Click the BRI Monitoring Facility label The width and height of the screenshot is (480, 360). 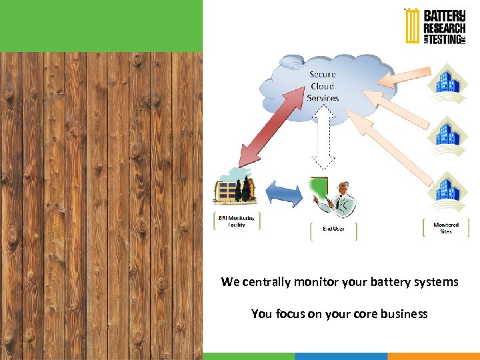coord(237,221)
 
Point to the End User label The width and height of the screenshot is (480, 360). coord(333,229)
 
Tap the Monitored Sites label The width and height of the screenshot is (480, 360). coord(446,228)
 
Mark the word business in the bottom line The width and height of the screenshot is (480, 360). coord(404,313)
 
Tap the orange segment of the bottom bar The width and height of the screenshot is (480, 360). coord(433,356)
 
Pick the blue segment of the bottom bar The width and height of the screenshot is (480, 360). coord(341,356)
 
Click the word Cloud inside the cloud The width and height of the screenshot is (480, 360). coord(323,86)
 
